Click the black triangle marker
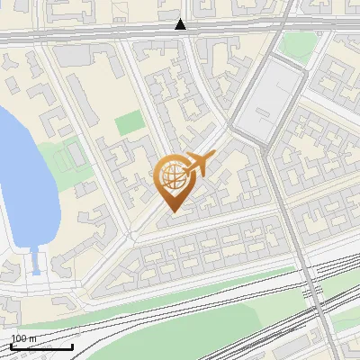pos(181,24)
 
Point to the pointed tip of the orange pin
pos(171,211)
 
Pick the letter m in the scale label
pos(31,338)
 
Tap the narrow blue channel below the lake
pos(35,262)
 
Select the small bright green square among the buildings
pos(129,123)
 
